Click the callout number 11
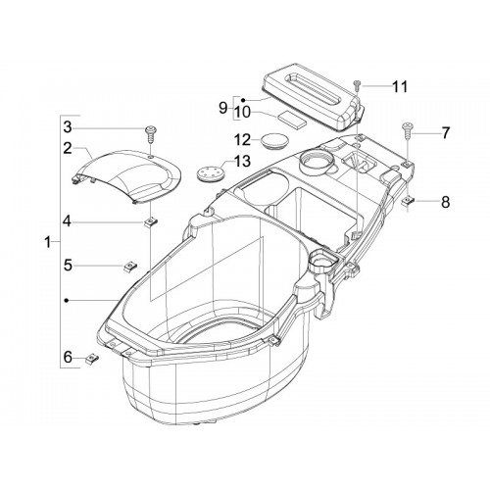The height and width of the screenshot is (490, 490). pos(400,87)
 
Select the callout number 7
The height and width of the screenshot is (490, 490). pos(446,133)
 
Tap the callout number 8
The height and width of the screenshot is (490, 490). pos(445,202)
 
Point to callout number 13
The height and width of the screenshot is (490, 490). pos(242,161)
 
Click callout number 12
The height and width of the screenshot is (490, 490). pos(242,140)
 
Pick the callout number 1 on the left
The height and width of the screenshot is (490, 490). pos(48,242)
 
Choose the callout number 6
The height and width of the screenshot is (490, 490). pos(68,358)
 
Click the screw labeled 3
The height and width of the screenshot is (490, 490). pos(150,134)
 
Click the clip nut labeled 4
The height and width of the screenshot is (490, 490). pos(151,222)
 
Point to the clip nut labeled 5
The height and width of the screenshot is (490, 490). pos(130,267)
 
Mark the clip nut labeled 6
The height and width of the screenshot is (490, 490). pos(92,360)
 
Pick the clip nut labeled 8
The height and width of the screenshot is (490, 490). pos(408,202)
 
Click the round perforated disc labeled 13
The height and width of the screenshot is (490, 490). pos(211,172)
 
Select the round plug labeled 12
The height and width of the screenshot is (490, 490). pos(275,141)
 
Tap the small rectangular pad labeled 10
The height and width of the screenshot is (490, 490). pos(292,119)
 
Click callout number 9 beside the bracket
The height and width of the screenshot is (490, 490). pos(222,108)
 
